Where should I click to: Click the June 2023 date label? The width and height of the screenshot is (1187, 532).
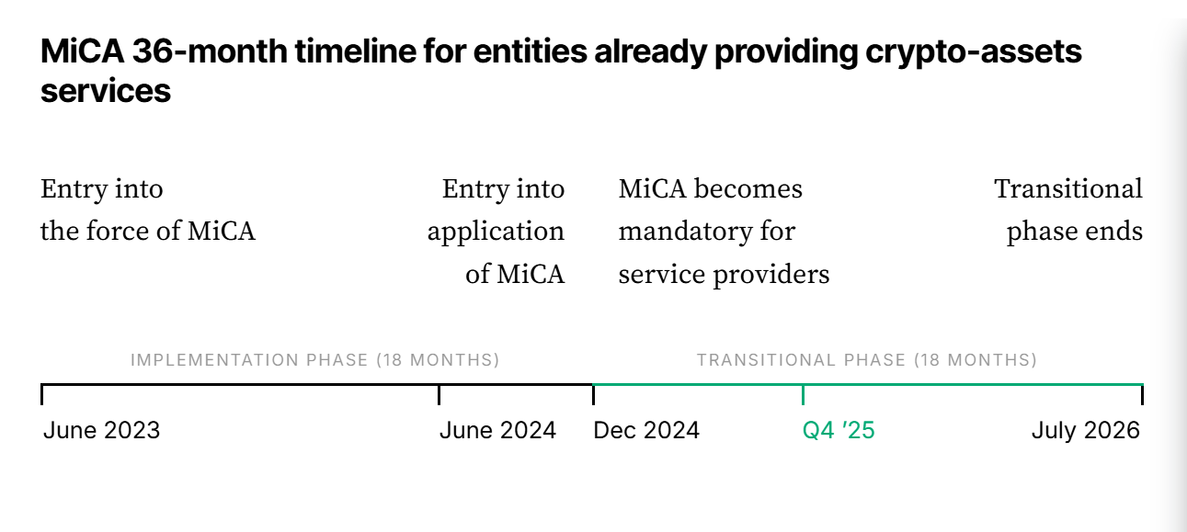click(x=102, y=430)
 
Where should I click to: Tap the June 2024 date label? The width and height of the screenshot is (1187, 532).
click(x=497, y=430)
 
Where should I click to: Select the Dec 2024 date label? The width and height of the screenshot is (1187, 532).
click(x=646, y=430)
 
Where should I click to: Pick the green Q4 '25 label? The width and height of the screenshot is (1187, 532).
click(x=839, y=430)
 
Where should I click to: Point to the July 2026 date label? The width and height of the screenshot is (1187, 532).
click(x=1085, y=430)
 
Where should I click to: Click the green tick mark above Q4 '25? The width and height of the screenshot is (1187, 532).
click(x=804, y=395)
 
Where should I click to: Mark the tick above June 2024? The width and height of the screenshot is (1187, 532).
click(x=439, y=395)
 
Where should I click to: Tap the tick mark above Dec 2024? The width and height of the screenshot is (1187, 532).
click(x=594, y=395)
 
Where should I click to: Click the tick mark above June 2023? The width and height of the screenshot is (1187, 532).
click(x=42, y=395)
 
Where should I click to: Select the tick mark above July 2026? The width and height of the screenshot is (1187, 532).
click(x=1142, y=395)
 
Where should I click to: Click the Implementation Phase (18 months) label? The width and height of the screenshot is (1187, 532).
click(x=314, y=360)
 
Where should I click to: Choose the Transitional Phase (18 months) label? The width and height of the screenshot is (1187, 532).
click(x=867, y=360)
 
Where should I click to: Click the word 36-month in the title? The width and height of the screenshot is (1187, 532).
click(x=210, y=51)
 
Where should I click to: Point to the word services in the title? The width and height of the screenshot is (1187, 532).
click(x=106, y=91)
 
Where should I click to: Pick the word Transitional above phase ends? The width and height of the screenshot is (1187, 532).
click(x=1068, y=188)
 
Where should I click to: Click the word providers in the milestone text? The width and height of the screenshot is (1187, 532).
click(x=771, y=275)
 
